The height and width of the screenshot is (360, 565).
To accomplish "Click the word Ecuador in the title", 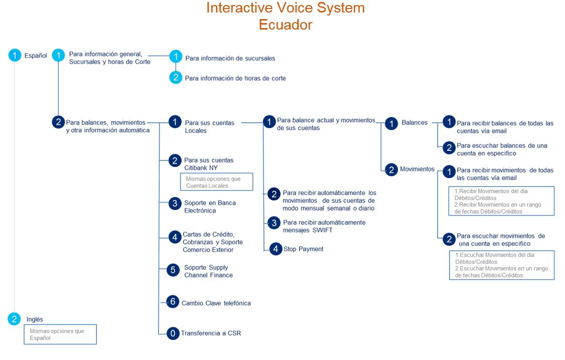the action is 286,25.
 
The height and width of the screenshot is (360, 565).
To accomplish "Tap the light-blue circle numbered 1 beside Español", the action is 15,55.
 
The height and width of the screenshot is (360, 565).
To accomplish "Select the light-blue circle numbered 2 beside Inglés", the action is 14,318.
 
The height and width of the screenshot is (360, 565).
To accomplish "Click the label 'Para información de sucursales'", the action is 230,58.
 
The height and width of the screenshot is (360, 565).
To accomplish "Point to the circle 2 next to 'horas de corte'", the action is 176,77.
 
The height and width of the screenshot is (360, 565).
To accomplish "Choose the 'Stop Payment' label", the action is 304,249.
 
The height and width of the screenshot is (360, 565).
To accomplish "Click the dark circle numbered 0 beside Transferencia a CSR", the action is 173,333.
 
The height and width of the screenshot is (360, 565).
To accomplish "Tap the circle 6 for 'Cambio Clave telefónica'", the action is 173,301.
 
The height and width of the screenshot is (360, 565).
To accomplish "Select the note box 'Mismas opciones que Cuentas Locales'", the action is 217,182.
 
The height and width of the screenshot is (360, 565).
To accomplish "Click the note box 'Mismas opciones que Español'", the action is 60,334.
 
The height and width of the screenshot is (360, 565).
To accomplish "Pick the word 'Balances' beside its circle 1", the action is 414,122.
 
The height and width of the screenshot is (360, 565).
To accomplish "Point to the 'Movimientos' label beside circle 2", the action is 417,169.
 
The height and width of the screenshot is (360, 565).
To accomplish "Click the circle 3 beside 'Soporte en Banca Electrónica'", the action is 175,204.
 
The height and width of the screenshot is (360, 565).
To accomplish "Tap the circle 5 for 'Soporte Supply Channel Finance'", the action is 173,270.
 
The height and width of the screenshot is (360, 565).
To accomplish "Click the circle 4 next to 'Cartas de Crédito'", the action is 175,237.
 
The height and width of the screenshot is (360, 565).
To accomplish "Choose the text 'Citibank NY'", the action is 201,168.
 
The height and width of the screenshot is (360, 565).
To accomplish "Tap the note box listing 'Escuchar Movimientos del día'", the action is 502,265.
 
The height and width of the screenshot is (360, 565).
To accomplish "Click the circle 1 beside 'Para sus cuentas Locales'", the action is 175,122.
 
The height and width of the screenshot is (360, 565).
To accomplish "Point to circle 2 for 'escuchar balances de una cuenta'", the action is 449,147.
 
